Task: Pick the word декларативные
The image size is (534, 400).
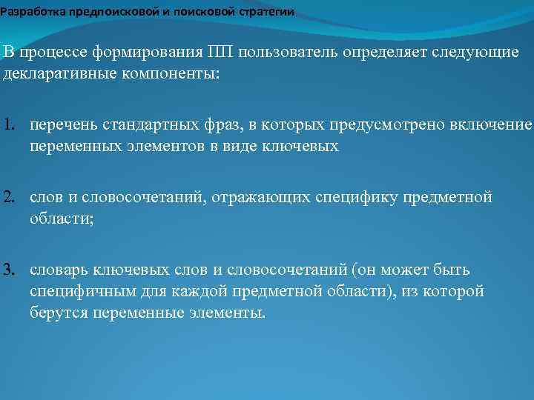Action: point(49,76)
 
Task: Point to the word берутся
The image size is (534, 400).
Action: point(58,313)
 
